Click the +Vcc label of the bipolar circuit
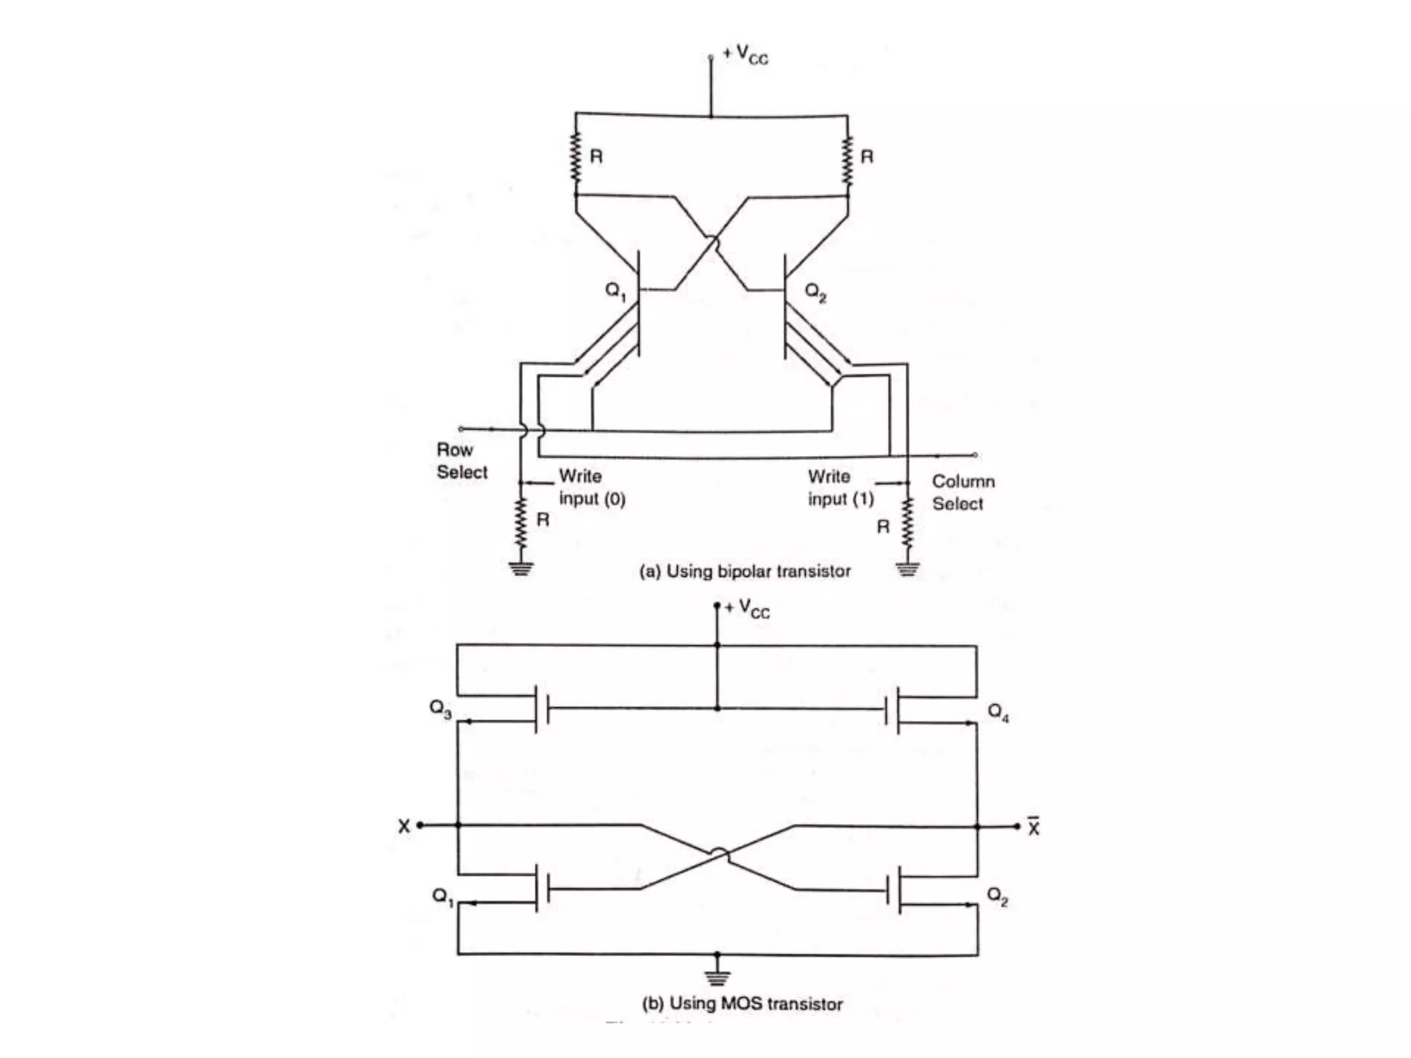pos(745,54)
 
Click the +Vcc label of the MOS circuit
pos(748,608)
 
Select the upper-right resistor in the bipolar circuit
pos(847,160)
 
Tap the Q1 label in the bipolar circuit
pos(615,291)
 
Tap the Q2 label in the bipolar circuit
pos(816,293)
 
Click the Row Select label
pos(461,461)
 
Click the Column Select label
pos(962,492)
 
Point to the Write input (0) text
pos(591,487)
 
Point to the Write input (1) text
pos(841,487)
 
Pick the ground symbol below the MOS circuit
pos(717,977)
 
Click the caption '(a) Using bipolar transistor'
pos(744,571)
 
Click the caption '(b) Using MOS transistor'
pos(742,1004)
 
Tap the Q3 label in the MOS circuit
pos(440,709)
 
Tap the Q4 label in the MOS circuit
pos(998,712)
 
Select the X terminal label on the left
pos(404,826)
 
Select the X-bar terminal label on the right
pos(1033,826)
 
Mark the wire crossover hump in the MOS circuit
pos(719,855)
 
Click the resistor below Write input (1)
pos(907,523)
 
